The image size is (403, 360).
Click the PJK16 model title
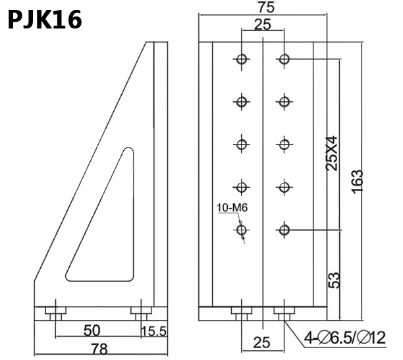(45, 20)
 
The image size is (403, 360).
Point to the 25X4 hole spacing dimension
(333, 153)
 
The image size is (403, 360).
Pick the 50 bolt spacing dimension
(93, 328)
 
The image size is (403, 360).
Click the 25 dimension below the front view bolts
(263, 342)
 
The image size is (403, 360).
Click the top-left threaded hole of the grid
(242, 59)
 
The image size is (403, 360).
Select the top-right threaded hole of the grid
(284, 59)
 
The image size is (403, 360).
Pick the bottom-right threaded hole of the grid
(284, 230)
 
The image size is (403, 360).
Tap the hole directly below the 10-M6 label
(242, 230)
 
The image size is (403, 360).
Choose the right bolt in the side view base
(140, 312)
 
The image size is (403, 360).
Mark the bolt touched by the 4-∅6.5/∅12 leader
(284, 312)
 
